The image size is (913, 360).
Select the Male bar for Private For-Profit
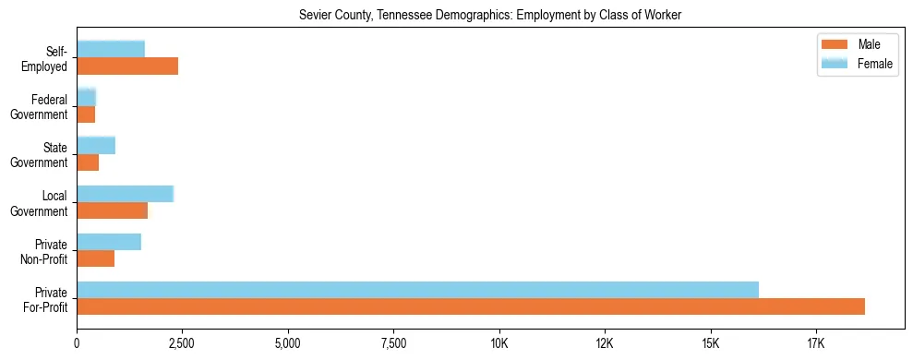(471, 306)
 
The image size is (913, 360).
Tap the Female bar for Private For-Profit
(417, 290)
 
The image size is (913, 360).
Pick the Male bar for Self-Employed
(127, 66)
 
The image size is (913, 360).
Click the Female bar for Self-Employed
(111, 49)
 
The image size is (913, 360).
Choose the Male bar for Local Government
(112, 210)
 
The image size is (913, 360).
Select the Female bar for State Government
(96, 145)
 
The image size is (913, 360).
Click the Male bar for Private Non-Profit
(95, 258)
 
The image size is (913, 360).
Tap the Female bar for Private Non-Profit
(109, 242)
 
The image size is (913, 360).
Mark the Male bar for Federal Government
(86, 114)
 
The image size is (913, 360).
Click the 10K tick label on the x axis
(499, 343)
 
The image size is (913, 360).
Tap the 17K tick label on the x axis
(816, 343)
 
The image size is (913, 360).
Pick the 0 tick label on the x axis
(77, 343)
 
